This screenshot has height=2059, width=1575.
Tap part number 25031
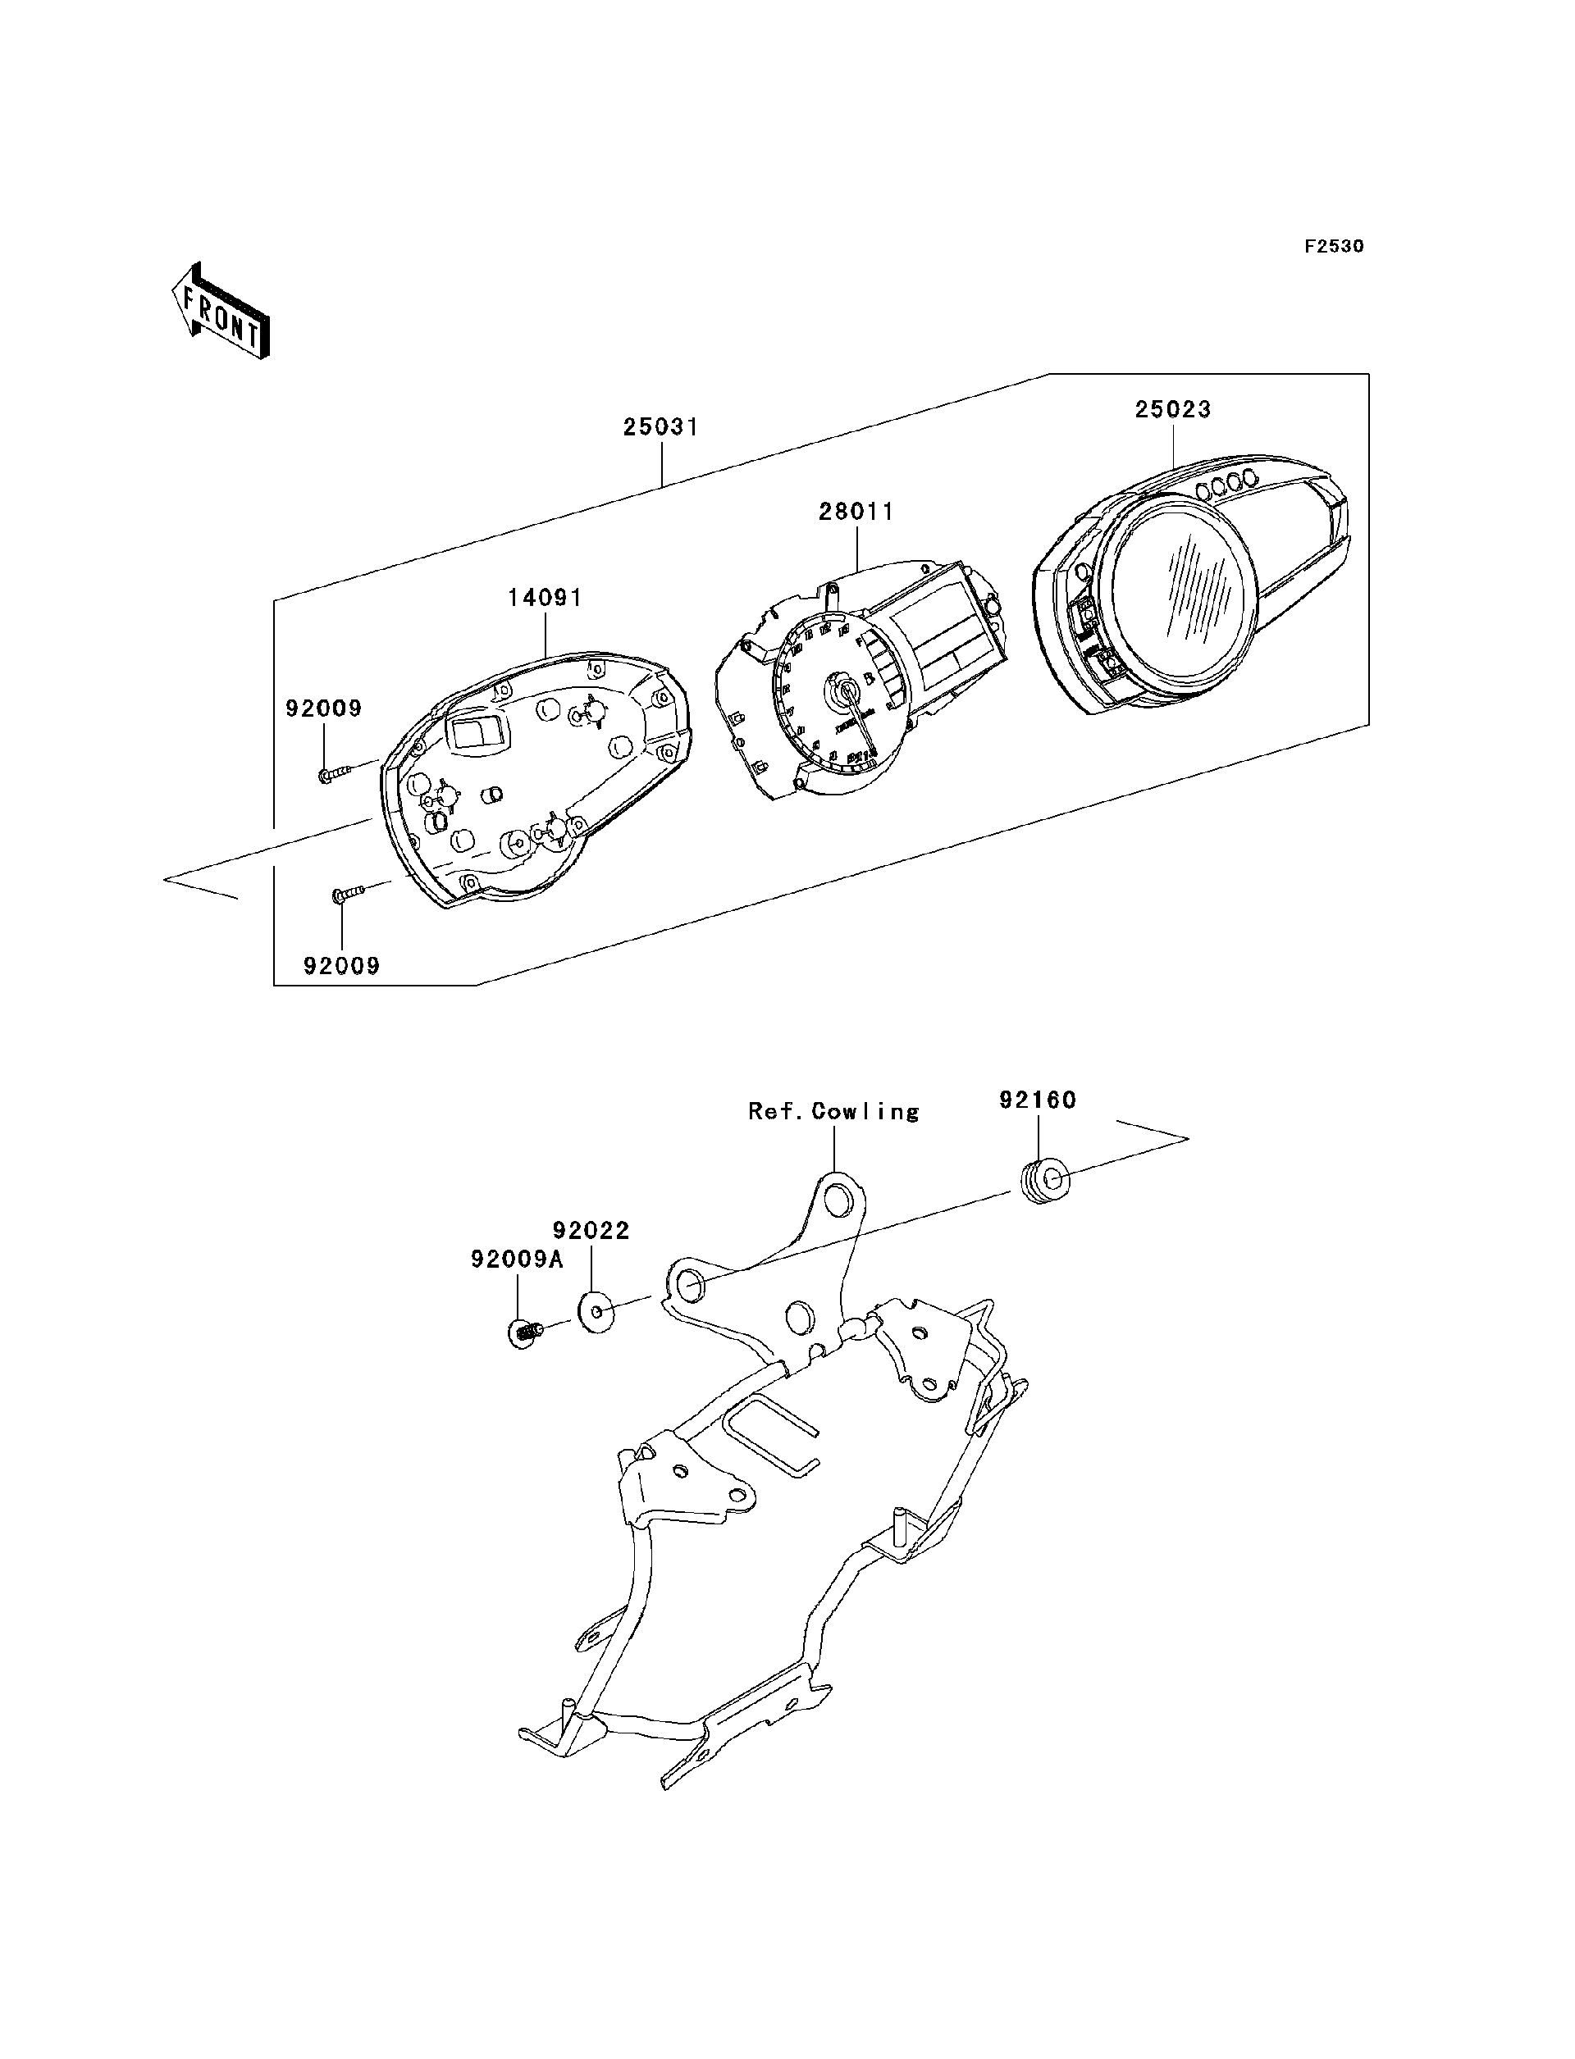[x=661, y=427]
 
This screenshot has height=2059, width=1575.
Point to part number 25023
[x=1173, y=409]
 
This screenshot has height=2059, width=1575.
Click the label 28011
[x=856, y=512]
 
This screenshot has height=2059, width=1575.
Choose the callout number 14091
[x=545, y=597]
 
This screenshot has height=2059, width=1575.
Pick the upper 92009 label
[x=323, y=708]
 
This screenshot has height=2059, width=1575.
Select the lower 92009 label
[x=341, y=965]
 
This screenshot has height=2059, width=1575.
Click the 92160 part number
[x=1037, y=1100]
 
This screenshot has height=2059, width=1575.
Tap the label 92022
[x=591, y=1231]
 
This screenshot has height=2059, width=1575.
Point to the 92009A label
[x=517, y=1260]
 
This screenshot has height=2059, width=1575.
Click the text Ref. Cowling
[x=833, y=1112]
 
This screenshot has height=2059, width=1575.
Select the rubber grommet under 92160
[x=1042, y=1182]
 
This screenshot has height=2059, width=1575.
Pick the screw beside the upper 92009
[x=334, y=774]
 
